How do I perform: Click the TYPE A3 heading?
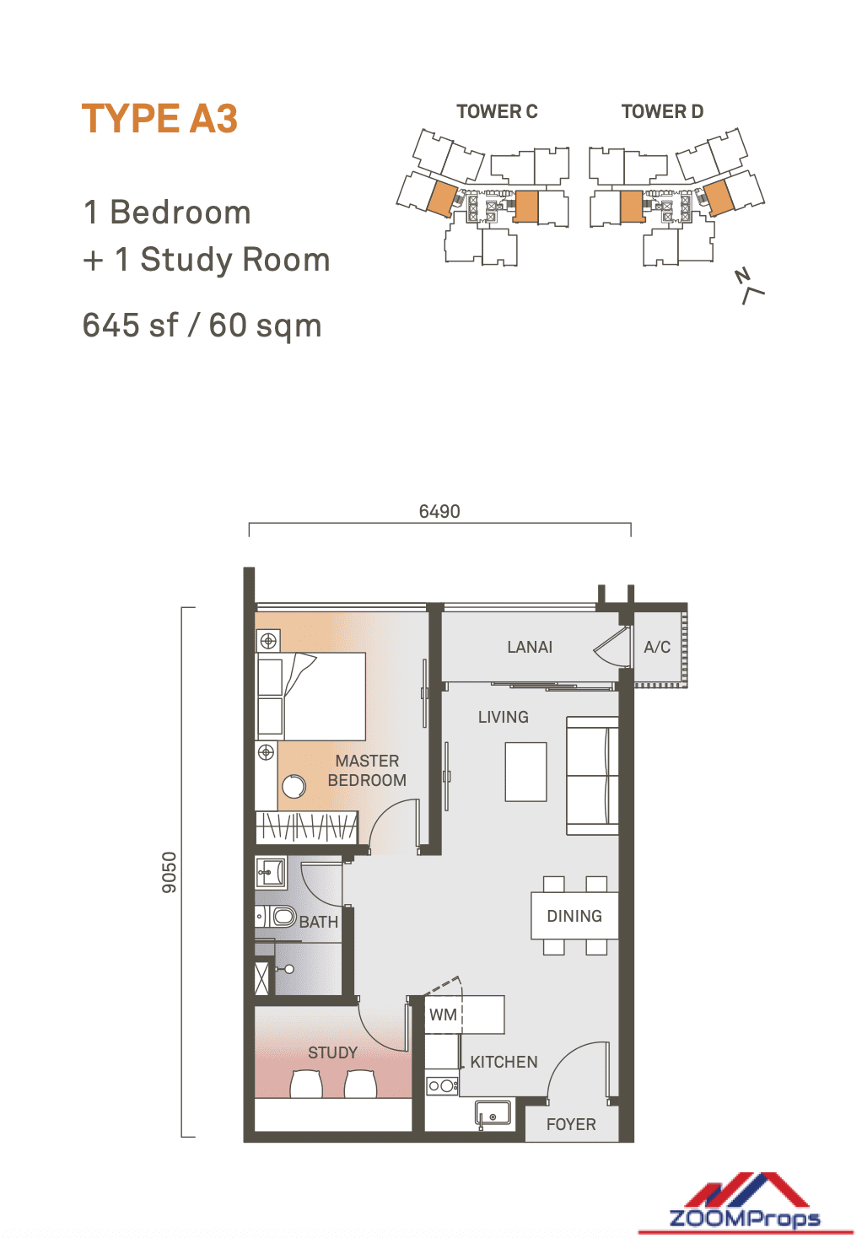click(159, 118)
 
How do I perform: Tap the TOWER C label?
click(497, 111)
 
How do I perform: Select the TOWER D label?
click(662, 111)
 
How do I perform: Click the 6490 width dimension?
click(439, 511)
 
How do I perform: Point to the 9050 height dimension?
click(169, 872)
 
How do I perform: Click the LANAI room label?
click(529, 647)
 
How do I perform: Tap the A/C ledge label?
click(657, 647)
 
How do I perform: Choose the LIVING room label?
click(504, 717)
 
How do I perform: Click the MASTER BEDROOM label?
click(367, 771)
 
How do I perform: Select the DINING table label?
click(574, 916)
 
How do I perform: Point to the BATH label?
click(319, 921)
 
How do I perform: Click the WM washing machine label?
click(443, 1015)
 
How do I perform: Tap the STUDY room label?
click(332, 1052)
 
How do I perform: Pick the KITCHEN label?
click(504, 1062)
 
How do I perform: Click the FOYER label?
click(571, 1124)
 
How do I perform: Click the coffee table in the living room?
click(525, 772)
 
